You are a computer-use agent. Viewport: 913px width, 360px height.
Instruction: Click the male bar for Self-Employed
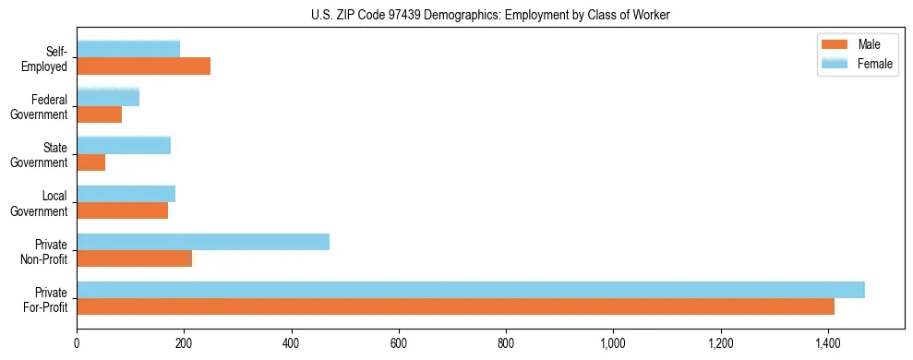click(143, 66)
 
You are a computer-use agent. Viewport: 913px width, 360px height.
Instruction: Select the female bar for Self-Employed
click(128, 49)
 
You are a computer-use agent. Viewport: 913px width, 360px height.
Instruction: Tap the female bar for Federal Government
click(108, 97)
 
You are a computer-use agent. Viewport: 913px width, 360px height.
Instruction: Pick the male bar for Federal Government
click(99, 114)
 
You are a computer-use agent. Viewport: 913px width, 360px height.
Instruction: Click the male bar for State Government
click(90, 162)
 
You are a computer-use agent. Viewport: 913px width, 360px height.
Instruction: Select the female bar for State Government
click(124, 145)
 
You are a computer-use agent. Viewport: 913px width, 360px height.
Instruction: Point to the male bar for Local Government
click(122, 210)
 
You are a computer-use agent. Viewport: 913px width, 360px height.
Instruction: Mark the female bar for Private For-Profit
click(471, 290)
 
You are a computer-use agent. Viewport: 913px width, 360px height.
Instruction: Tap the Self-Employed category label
click(50, 59)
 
